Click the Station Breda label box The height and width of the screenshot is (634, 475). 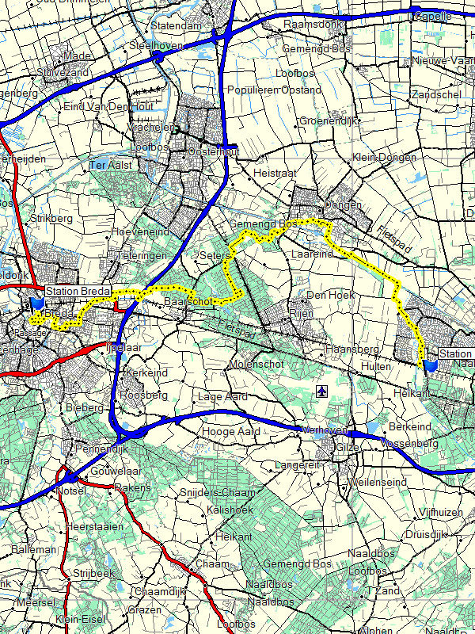[x=77, y=292]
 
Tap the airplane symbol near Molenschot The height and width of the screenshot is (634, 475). [x=321, y=391]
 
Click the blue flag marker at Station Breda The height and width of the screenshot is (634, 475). [x=36, y=304]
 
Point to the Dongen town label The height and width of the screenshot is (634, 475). [x=344, y=205]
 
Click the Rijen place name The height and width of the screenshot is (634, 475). [x=302, y=313]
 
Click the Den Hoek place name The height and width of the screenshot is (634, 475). [x=328, y=295]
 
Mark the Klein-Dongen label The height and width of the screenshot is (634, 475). [x=384, y=157]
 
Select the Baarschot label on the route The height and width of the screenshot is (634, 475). [x=188, y=302]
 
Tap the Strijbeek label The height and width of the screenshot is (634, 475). [x=93, y=572]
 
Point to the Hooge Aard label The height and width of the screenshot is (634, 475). [x=231, y=431]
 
